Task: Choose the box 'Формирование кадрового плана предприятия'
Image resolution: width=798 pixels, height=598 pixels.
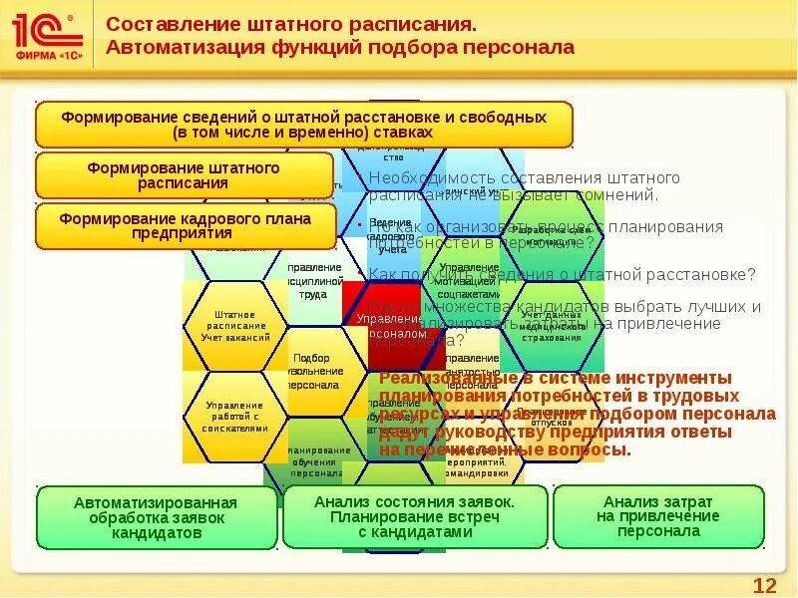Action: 185,226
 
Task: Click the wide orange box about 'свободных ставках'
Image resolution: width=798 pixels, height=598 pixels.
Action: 304,125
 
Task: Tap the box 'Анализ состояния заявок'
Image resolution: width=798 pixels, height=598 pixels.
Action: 415,517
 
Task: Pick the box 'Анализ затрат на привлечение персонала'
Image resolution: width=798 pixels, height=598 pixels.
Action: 657,516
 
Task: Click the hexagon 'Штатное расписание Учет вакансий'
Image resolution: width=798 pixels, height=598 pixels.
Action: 235,326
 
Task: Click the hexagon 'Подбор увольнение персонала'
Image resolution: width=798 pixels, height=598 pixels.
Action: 317,371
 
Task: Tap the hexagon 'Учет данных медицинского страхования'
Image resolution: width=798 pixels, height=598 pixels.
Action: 552,326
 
